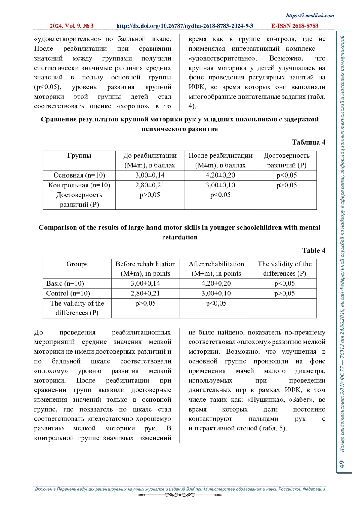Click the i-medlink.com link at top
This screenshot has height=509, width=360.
point(310,16)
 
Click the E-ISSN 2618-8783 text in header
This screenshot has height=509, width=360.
point(295,26)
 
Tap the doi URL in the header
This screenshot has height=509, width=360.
point(184,26)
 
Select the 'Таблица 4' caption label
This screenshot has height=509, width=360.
point(308,142)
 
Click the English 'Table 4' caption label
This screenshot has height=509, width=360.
point(313,250)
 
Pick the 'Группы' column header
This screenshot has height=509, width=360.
point(79,156)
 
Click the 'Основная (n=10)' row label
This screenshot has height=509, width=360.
point(79,175)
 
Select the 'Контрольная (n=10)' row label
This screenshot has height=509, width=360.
point(79,185)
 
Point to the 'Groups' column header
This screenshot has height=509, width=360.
point(77,264)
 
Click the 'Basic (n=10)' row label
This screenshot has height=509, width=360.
point(65,283)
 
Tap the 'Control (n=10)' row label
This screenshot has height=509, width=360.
point(68,293)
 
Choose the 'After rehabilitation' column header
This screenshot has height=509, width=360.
point(216,264)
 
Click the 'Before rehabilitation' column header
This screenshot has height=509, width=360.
point(145,264)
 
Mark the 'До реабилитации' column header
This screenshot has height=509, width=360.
point(150,156)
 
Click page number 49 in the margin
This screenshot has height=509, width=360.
point(341,464)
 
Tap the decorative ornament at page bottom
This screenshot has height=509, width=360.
point(180,495)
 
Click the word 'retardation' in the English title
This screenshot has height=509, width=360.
point(180,237)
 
